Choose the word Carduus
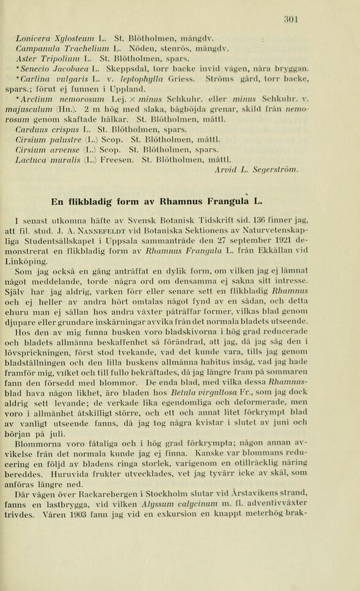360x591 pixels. pyautogui.click(x=31, y=130)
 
